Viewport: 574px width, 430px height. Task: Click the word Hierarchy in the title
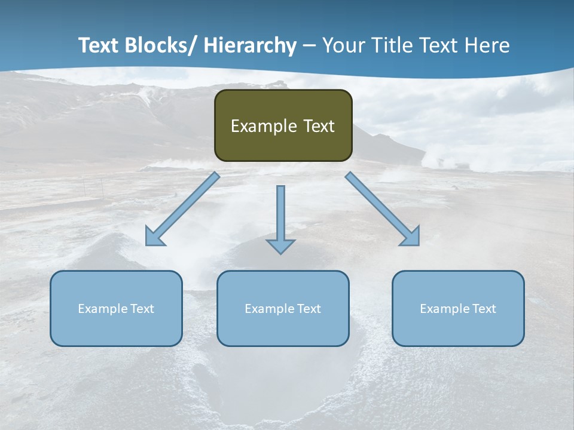tap(249, 45)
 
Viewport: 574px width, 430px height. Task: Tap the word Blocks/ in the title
tap(160, 45)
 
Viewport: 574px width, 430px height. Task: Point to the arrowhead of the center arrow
tap(280, 245)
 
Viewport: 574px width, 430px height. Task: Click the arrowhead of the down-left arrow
tap(153, 238)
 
